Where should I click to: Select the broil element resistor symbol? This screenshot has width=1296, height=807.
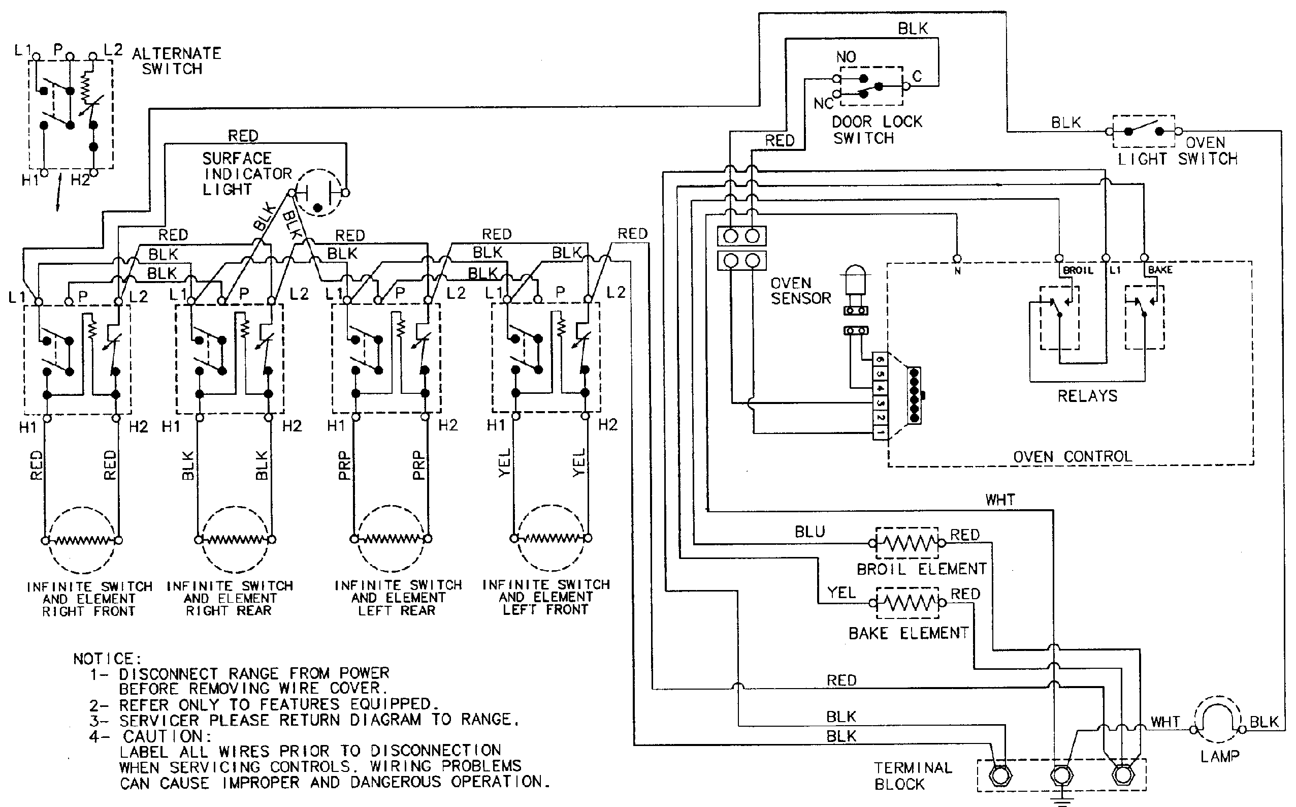point(906,544)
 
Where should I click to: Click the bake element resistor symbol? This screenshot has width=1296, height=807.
point(906,603)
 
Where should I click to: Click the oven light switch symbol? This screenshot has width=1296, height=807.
point(1144,131)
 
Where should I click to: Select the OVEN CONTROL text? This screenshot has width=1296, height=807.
point(1072,457)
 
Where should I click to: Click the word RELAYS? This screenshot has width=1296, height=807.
point(1087,396)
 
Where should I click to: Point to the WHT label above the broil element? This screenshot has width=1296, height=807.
point(1000,500)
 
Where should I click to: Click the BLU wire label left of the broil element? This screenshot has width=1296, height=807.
point(809,532)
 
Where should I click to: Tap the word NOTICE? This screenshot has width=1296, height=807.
point(107,659)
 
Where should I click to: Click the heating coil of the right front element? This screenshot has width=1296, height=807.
point(82,540)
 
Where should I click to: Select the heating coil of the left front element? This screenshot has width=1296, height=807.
point(550,538)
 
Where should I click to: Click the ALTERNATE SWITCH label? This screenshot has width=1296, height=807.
point(176,61)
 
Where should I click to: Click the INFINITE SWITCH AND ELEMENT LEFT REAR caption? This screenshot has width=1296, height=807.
point(398,597)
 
